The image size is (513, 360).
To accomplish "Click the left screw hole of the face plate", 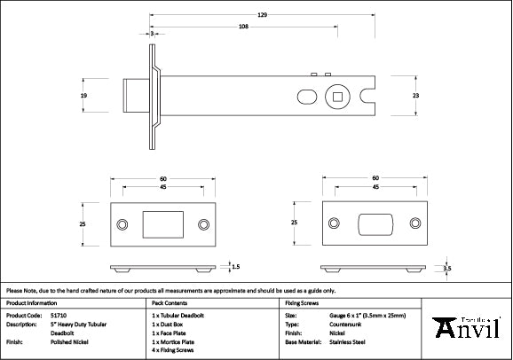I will [122, 224].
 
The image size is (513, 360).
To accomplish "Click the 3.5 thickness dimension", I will [446, 267].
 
